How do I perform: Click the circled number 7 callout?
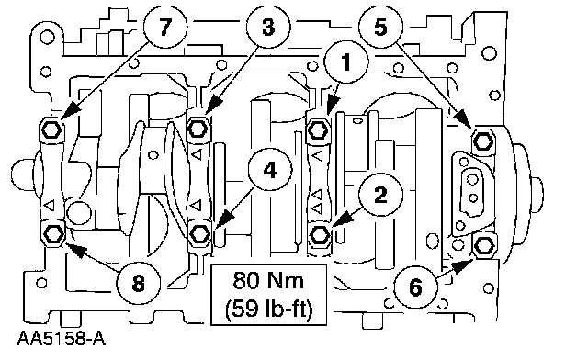tap(165, 27)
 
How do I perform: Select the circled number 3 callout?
tap(268, 27)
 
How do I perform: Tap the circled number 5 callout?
tap(380, 27)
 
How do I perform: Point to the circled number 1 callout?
tap(346, 62)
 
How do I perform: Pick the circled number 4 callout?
tap(270, 171)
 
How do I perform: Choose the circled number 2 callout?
tap(380, 195)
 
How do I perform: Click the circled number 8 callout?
tap(139, 283)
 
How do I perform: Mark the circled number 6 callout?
tap(415, 287)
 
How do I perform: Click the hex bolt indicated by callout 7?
tap(51, 129)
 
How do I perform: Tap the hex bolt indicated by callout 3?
tap(198, 129)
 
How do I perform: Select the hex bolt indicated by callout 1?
tap(319, 130)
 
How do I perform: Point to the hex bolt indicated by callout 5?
tap(483, 141)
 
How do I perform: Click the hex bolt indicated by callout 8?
tap(52, 235)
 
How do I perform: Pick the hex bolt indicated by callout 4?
tap(199, 233)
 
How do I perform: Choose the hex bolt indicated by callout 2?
tap(320, 235)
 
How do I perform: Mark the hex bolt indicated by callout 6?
tap(484, 245)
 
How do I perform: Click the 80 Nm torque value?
tap(268, 280)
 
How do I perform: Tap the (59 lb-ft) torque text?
tap(269, 309)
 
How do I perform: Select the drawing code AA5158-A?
tap(61, 339)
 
